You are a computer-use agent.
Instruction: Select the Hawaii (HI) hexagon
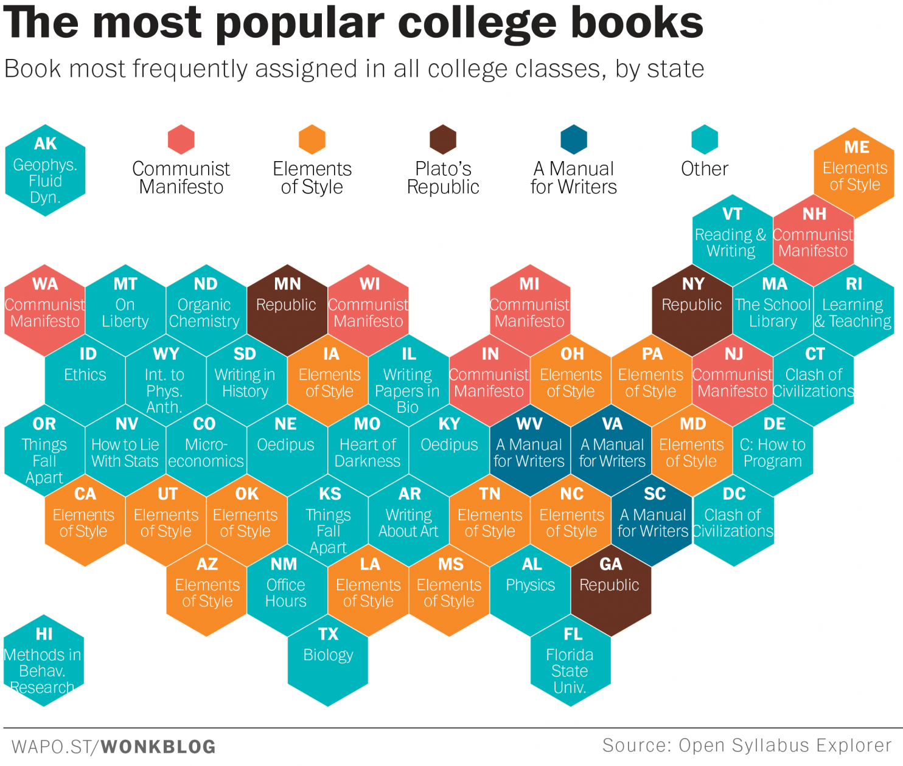(44, 661)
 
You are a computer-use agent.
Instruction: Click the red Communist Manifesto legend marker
(181, 139)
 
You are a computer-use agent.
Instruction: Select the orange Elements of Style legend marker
(312, 139)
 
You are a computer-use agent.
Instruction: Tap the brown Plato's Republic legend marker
(443, 139)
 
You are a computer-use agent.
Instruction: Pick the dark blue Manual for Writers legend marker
(574, 139)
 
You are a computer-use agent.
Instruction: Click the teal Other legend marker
(705, 139)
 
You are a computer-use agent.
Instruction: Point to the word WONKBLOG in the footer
(158, 747)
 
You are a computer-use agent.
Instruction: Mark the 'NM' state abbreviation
(284, 564)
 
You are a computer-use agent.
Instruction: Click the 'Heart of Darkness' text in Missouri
(368, 453)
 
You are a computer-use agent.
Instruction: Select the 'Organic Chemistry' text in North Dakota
(204, 312)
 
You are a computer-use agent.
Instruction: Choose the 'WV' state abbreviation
(529, 424)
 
